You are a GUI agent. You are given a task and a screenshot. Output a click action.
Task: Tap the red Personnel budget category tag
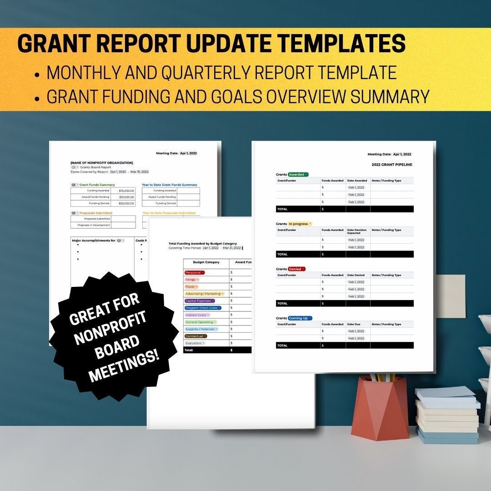coord(195,272)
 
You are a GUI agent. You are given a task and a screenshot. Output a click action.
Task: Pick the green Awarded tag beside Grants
coord(298,175)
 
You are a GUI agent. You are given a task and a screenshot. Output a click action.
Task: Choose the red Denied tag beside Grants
coord(296,269)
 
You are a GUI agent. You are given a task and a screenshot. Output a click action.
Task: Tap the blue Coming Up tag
coord(300,318)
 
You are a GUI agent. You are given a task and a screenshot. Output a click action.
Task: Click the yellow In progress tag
coord(300,224)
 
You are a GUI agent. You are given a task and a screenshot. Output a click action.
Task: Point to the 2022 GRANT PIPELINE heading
coord(392,165)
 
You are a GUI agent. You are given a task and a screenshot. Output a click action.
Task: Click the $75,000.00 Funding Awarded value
coord(126,190)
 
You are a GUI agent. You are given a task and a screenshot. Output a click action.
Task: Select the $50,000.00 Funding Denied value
coord(126,203)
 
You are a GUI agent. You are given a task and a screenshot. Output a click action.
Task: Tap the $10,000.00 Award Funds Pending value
coord(126,197)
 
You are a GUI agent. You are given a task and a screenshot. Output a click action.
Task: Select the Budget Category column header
coord(206,262)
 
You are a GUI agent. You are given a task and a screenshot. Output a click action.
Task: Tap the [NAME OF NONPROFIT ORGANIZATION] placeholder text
coord(102,163)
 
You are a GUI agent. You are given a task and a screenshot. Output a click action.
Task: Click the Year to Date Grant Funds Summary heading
coord(170,185)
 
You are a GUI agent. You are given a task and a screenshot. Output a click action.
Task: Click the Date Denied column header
coord(356,275)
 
